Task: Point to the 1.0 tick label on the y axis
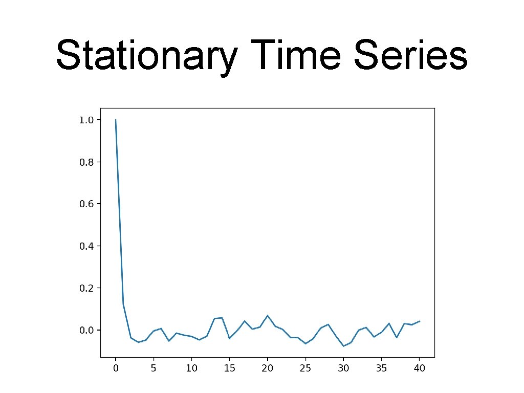[x=87, y=120]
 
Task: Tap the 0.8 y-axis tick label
[x=87, y=162]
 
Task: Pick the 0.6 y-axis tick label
[x=87, y=204]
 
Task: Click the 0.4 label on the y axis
[x=87, y=246]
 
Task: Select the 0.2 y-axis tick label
[x=87, y=288]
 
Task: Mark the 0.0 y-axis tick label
[x=87, y=330]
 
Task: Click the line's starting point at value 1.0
[x=116, y=120]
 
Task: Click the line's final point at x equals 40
[x=420, y=321]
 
